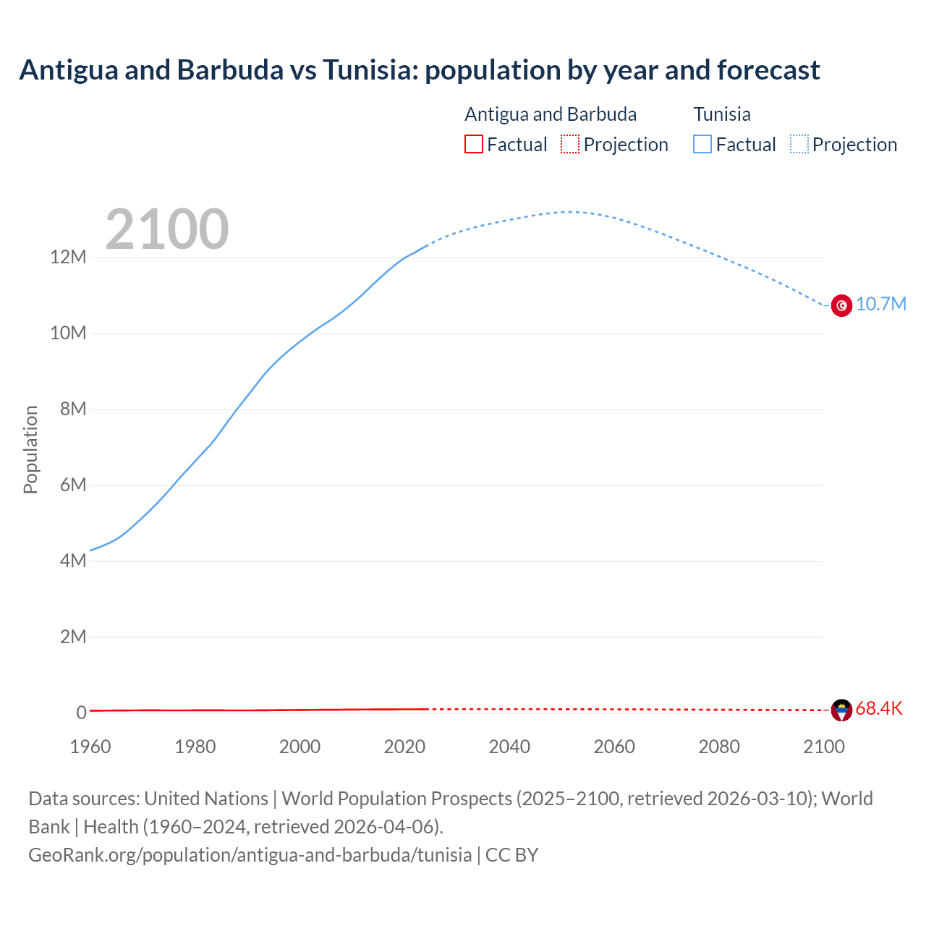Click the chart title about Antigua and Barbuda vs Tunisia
[420, 70]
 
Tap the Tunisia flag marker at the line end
[841, 305]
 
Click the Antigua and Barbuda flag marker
[841, 710]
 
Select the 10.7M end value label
[880, 304]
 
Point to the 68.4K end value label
[878, 709]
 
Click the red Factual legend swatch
[473, 145]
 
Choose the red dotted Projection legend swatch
[570, 145]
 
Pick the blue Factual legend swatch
[702, 145]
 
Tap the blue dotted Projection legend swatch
[799, 145]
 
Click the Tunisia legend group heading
[722, 114]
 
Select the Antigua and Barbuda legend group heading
[551, 114]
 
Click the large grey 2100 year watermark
[167, 229]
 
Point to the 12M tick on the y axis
[68, 258]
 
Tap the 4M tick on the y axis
[72, 561]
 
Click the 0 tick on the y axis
[81, 713]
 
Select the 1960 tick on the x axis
[90, 747]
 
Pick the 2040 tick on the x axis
[509, 747]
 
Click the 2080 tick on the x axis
[719, 747]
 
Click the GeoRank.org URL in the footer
[250, 855]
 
